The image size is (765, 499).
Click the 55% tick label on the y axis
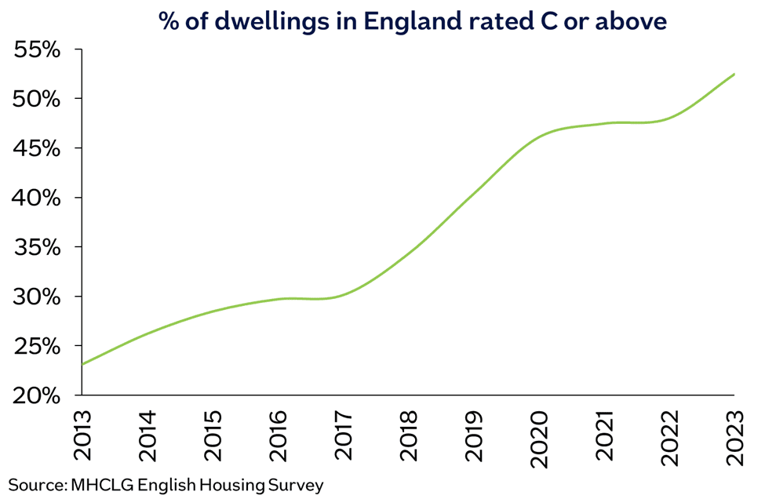[38, 49]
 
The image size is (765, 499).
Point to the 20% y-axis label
[38, 395]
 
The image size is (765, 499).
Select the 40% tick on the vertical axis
[38, 198]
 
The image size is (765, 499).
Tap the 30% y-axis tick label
[38, 297]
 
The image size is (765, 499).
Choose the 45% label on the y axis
[38, 148]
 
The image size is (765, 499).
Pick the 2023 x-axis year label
[734, 435]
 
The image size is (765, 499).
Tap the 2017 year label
[344, 435]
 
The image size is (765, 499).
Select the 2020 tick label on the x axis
[539, 435]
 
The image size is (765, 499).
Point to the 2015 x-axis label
[213, 435]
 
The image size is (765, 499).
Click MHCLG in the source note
[97, 485]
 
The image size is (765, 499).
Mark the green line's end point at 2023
[734, 74]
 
